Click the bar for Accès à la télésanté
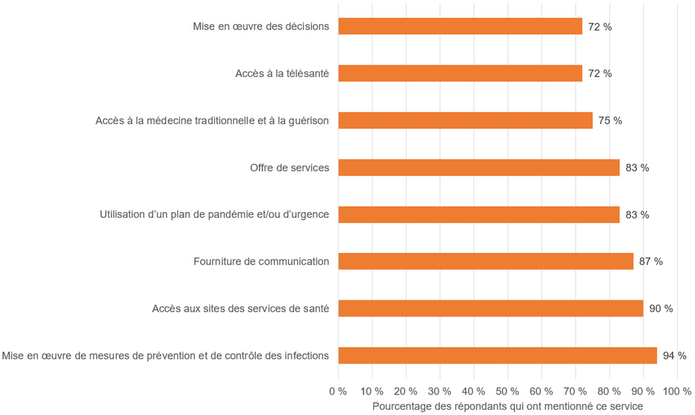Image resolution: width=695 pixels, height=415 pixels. pyautogui.click(x=460, y=74)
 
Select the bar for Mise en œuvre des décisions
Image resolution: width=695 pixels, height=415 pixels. pyautogui.click(x=460, y=27)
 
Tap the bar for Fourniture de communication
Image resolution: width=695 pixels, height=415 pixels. pyautogui.click(x=485, y=261)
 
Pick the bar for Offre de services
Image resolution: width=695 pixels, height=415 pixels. pyautogui.click(x=479, y=167)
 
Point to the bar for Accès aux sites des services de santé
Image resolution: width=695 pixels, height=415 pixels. pyautogui.click(x=491, y=308)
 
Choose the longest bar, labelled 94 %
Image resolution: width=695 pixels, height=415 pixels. pyautogui.click(x=497, y=356)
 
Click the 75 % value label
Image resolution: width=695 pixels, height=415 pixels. pyautogui.click(x=610, y=121)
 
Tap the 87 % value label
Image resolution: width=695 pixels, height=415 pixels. pyautogui.click(x=650, y=261)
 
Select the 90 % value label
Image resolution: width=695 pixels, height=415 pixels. pyautogui.click(x=661, y=308)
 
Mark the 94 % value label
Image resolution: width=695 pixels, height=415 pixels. pyautogui.click(x=674, y=356)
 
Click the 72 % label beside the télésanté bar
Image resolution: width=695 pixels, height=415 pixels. pyautogui.click(x=599, y=74)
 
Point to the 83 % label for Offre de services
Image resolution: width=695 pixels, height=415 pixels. pyautogui.click(x=637, y=167)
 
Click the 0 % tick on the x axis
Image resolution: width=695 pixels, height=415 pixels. pyautogui.click(x=338, y=391)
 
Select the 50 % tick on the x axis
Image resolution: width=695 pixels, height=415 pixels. pyautogui.click(x=507, y=391)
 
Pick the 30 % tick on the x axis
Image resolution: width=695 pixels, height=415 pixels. pyautogui.click(x=440, y=391)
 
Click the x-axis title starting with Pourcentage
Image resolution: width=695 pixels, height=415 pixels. pyautogui.click(x=507, y=406)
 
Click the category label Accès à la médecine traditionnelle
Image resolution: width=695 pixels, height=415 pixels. pyautogui.click(x=212, y=121)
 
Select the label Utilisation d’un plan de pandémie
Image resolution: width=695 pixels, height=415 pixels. pyautogui.click(x=214, y=214)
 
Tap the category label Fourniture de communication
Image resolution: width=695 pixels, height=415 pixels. pyautogui.click(x=261, y=261)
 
